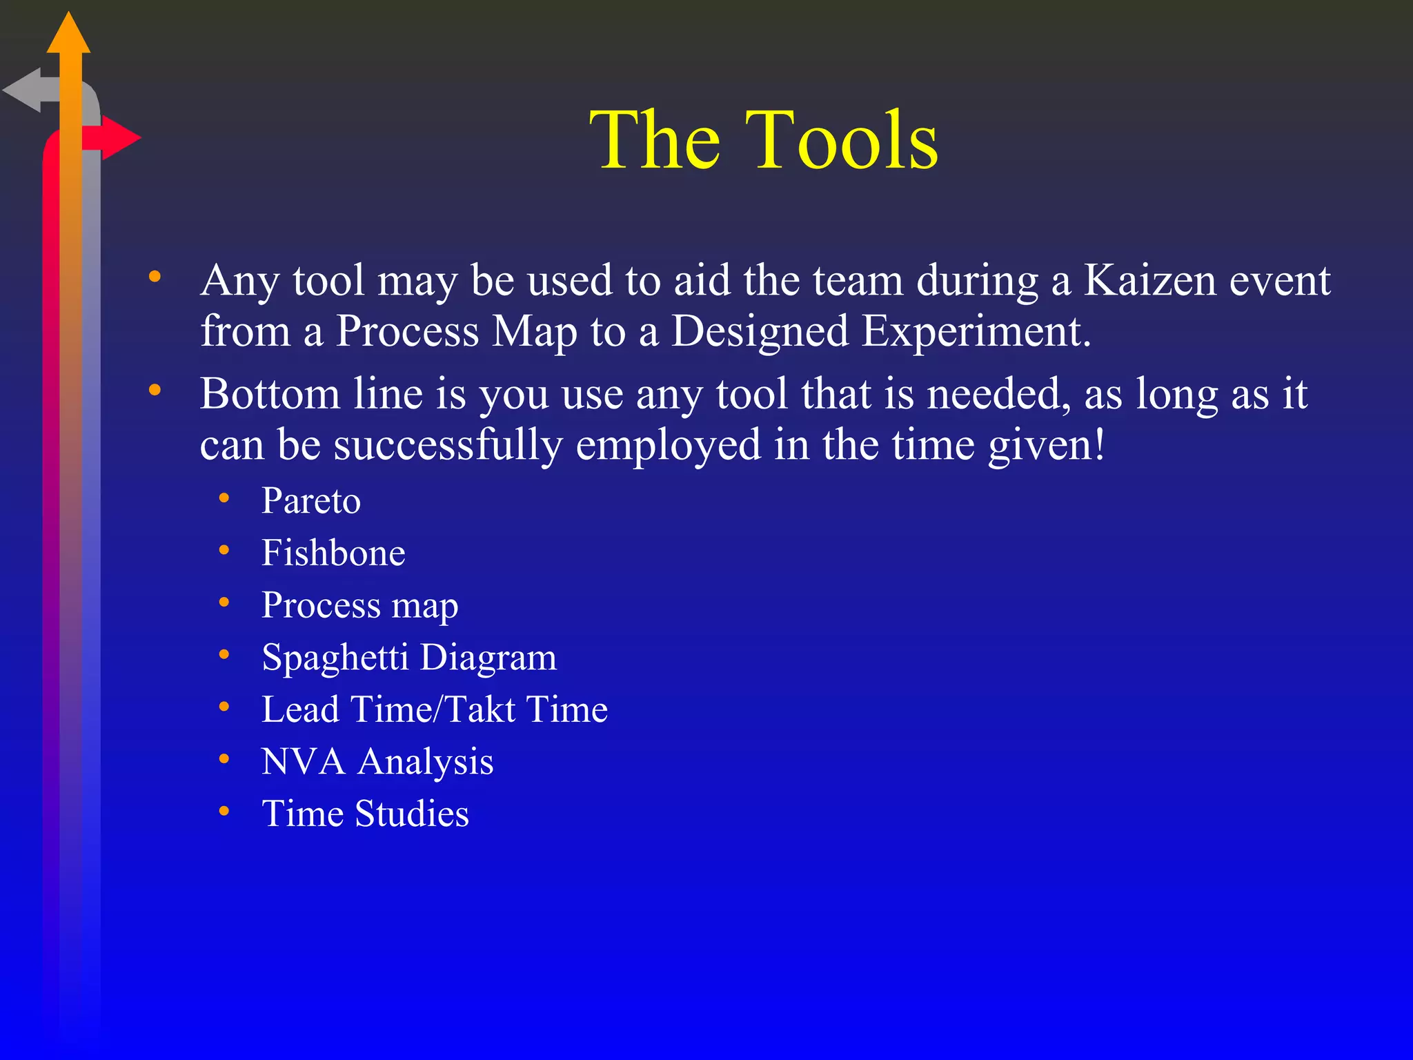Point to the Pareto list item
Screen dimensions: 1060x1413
[x=310, y=501]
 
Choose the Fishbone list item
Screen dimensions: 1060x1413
[x=333, y=553]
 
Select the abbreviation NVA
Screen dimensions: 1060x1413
[x=303, y=762]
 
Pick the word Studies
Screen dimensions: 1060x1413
[x=412, y=814]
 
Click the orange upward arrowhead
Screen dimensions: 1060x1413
[x=68, y=35]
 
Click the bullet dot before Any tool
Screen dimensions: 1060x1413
[x=155, y=277]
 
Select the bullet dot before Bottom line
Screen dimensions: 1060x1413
[x=155, y=391]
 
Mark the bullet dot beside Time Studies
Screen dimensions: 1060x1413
[x=224, y=812]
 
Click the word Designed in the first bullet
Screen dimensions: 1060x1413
[x=760, y=332]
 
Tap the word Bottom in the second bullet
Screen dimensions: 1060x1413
[x=270, y=394]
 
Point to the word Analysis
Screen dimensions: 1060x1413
[x=426, y=762]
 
